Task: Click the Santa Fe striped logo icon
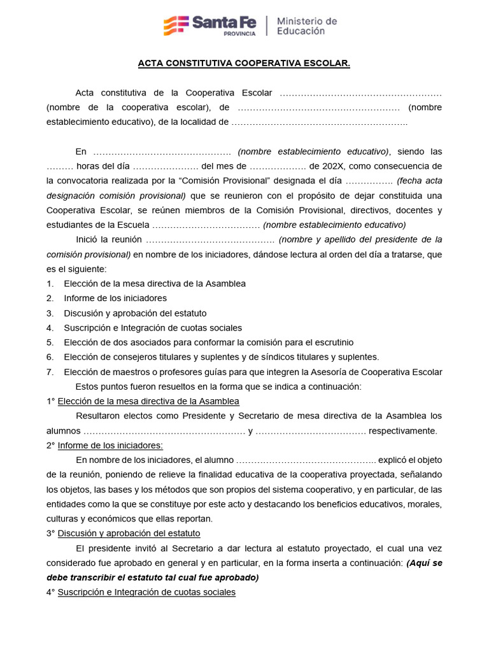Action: (176, 25)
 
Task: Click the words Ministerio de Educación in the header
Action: (306, 26)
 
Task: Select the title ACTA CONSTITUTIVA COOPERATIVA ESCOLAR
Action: (244, 64)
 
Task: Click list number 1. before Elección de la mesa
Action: (50, 283)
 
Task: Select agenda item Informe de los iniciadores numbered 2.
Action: (115, 298)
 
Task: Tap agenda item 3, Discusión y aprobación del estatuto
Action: (135, 313)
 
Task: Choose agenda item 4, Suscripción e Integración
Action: (152, 328)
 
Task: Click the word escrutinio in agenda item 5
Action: (330, 343)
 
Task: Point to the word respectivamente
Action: (402, 431)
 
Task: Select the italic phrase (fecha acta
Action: (419, 181)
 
